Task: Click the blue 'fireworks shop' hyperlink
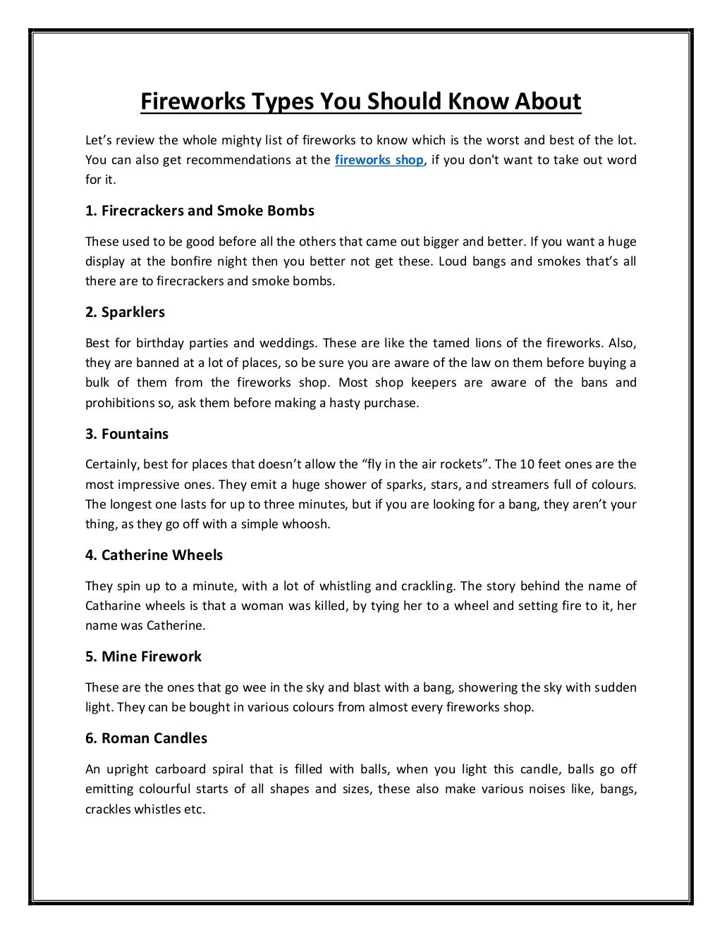pos(379,160)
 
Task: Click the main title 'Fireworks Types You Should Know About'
pos(360,101)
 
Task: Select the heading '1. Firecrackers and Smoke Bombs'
pos(200,211)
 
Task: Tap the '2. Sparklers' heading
pos(125,312)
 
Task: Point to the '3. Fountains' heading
pos(127,434)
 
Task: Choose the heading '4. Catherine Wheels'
pos(154,555)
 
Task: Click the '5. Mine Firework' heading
pos(143,656)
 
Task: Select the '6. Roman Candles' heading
pos(146,738)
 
